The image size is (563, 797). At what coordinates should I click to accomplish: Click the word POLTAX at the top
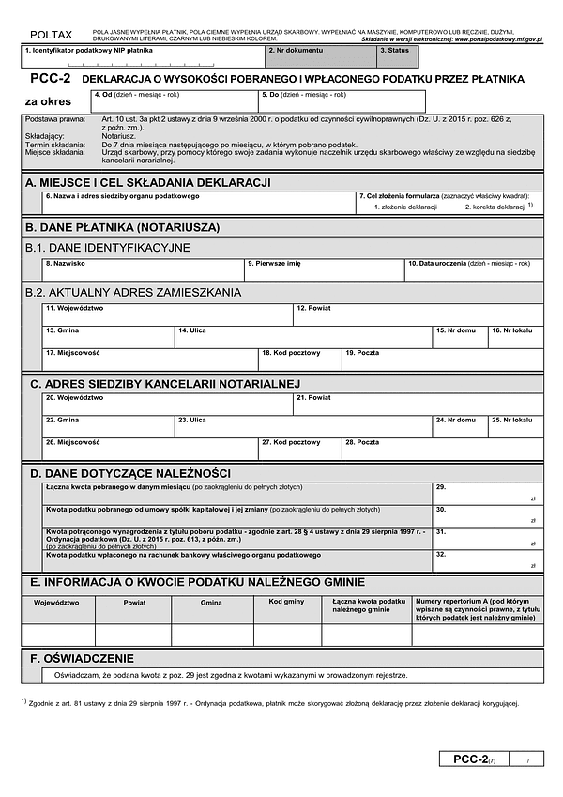[x=50, y=34]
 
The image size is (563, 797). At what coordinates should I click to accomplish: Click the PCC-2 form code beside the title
[x=47, y=79]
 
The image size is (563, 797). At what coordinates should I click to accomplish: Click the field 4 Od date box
[x=174, y=101]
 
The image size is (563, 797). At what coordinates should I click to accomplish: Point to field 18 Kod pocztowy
[x=299, y=360]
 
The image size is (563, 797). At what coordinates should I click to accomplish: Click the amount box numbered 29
[x=487, y=494]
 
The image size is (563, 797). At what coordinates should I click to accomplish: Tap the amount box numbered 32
[x=487, y=560]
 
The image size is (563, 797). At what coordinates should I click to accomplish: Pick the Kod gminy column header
[x=287, y=602]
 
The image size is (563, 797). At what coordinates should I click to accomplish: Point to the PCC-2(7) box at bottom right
[x=491, y=759]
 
